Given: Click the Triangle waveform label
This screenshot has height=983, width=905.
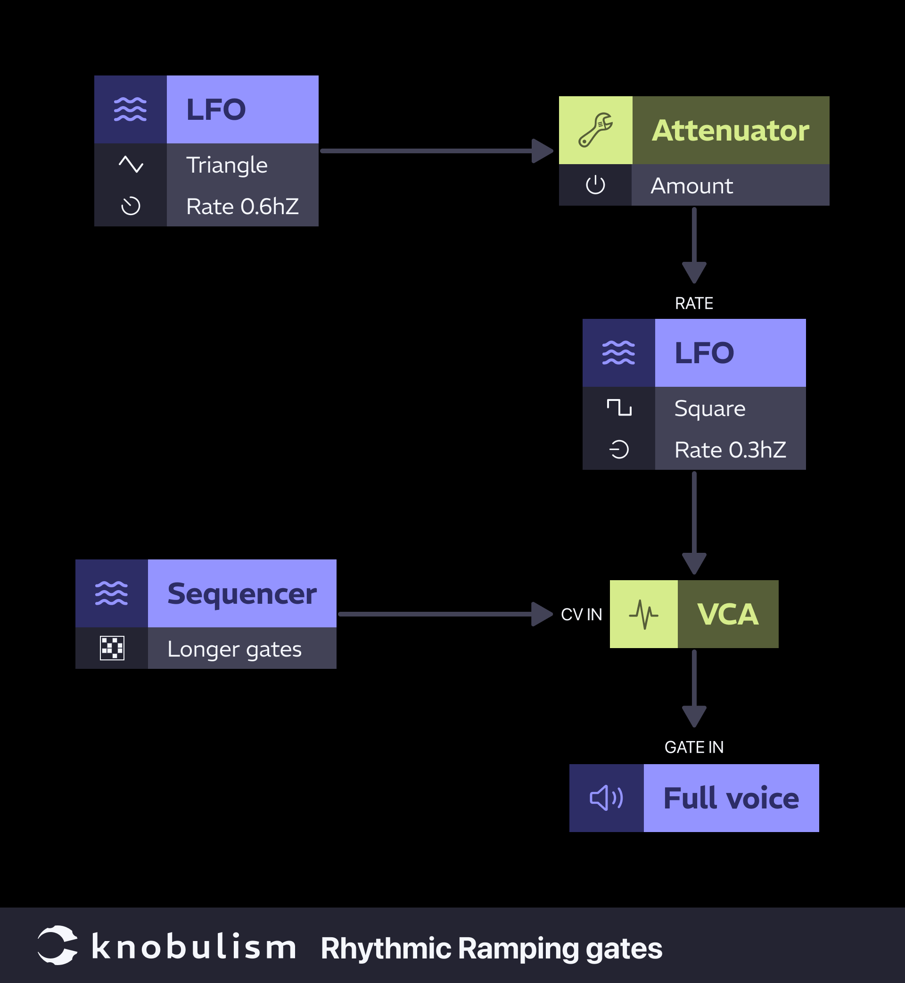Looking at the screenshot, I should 227,165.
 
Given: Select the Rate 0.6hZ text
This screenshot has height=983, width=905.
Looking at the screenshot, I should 242,206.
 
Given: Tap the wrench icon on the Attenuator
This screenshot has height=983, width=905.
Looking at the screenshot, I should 595,130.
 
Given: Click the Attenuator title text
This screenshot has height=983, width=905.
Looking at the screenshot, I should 730,130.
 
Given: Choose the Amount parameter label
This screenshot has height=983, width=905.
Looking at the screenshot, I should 691,186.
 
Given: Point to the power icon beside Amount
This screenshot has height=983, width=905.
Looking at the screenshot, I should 595,185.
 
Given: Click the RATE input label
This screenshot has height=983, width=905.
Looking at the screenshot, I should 693,303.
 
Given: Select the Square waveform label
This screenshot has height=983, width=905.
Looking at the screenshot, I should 709,408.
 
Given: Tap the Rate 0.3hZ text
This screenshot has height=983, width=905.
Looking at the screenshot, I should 730,450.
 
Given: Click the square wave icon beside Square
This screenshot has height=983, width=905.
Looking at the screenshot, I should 619,407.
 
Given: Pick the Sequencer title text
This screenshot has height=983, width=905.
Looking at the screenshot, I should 242,594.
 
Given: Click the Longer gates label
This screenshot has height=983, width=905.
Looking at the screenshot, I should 234,650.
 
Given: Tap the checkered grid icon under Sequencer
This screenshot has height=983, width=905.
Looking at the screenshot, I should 112,648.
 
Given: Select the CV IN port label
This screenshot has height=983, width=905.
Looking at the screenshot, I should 581,615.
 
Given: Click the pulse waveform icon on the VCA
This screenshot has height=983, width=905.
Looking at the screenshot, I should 643,615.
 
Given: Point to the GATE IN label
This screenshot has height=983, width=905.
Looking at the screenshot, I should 693,747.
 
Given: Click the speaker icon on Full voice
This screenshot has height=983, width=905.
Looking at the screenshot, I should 606,798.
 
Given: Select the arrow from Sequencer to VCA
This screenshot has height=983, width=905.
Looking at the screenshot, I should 441,614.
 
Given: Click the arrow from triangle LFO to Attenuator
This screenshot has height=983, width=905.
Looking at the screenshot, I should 431,151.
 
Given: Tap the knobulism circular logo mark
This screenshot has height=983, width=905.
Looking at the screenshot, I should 58,945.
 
